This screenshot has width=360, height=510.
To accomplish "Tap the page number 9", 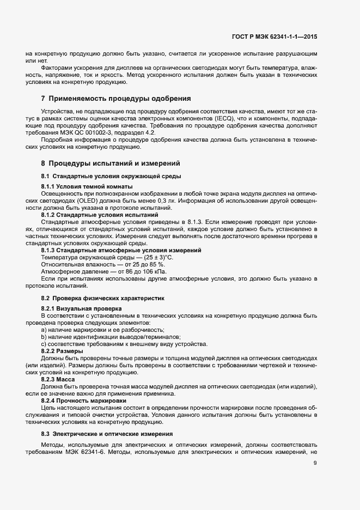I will [315, 464].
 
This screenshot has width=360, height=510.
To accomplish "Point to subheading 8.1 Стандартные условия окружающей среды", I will [111, 177].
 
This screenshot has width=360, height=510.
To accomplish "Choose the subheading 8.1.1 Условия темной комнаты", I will [88, 187].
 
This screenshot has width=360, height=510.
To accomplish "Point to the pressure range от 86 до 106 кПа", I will [138, 271].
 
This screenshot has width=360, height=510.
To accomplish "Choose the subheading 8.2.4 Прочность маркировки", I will [87, 401].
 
